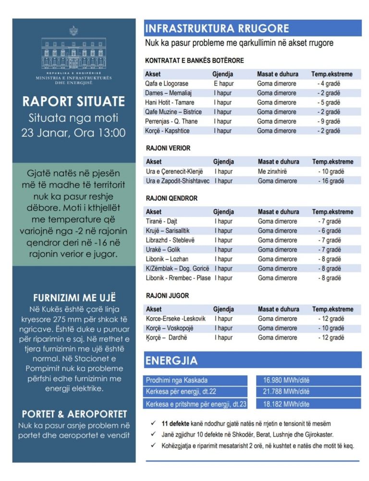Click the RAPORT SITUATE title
(74, 101)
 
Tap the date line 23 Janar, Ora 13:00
(74, 133)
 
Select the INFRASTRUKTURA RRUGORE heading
(217, 28)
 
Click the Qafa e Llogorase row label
(167, 84)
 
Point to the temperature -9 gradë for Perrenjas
(329, 121)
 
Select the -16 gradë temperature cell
(331, 181)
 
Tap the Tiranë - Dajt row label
(162, 221)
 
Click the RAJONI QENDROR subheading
(172, 198)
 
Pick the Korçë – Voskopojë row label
(170, 328)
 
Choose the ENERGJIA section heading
(172, 360)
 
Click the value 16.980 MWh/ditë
(286, 380)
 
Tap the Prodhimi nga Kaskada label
(177, 380)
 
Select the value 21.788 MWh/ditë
(286, 392)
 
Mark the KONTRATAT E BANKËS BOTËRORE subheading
(195, 61)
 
